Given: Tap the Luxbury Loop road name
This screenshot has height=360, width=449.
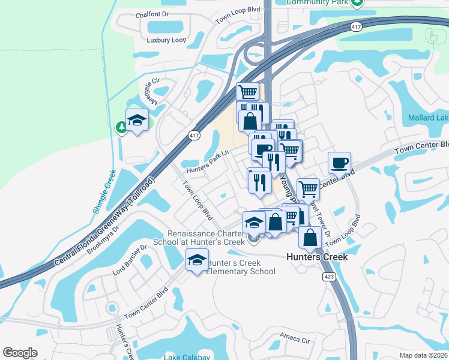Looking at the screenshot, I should (x=167, y=40).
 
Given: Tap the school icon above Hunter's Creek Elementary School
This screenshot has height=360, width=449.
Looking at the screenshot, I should (x=196, y=260).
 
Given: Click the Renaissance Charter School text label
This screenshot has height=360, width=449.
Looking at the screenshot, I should (x=206, y=238).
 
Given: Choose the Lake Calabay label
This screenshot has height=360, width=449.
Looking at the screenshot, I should (x=187, y=356).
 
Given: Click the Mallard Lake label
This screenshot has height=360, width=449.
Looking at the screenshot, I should (x=428, y=118).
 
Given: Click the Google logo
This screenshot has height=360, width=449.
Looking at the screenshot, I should (x=20, y=352).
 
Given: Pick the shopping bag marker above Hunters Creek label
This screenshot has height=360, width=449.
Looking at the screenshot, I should (x=309, y=236).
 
